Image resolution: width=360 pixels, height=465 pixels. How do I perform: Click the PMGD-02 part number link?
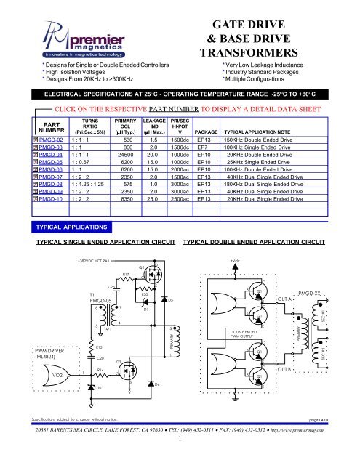55,139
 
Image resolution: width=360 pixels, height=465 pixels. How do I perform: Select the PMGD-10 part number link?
55,197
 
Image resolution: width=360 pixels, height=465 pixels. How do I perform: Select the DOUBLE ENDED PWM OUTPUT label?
231,333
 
